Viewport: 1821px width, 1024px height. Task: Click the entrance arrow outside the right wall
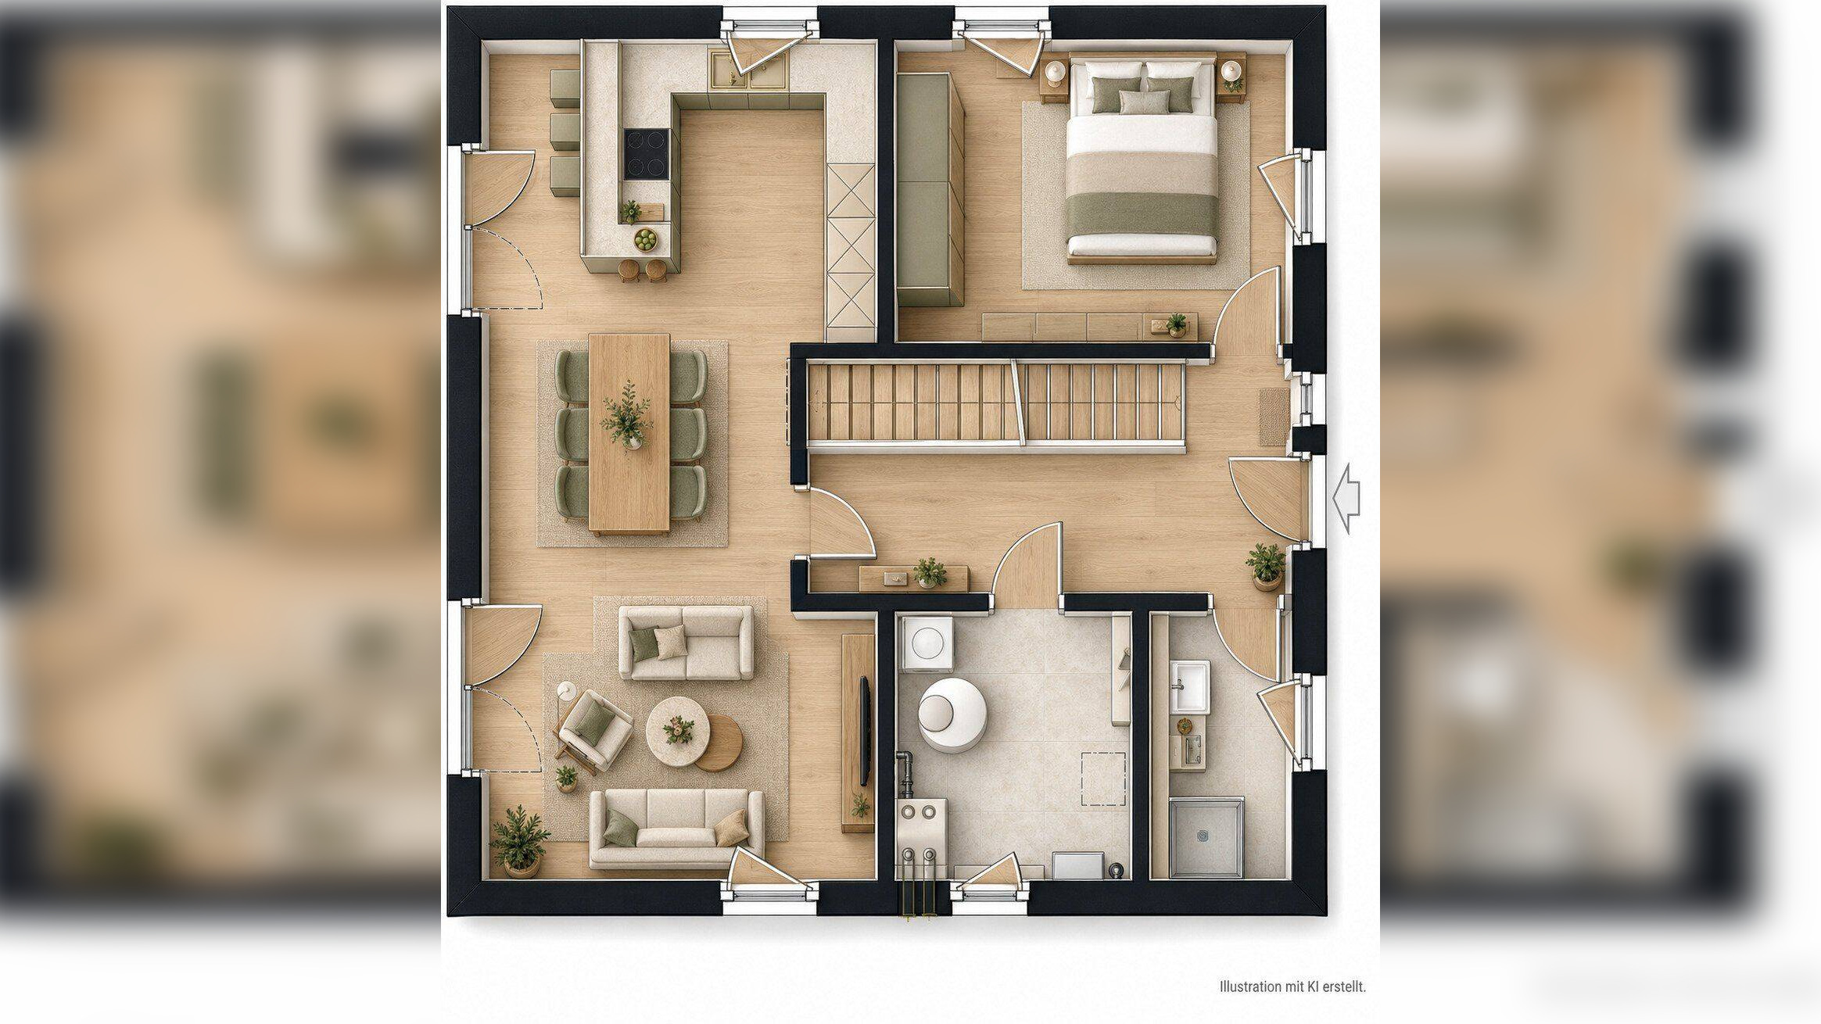pos(1346,499)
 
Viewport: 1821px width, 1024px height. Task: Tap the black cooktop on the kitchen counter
pos(647,155)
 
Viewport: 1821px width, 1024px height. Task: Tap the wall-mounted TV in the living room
pos(865,730)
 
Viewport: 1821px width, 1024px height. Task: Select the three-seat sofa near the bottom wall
pos(676,829)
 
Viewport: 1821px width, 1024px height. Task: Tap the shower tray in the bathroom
pos(1206,837)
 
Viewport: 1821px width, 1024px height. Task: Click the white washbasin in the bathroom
pos(1189,686)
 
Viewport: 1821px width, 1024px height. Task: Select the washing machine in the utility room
pos(927,643)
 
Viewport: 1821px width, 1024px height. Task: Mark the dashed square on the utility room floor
pos(1103,779)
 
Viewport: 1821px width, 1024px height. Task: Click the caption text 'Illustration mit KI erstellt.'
pos(1292,986)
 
